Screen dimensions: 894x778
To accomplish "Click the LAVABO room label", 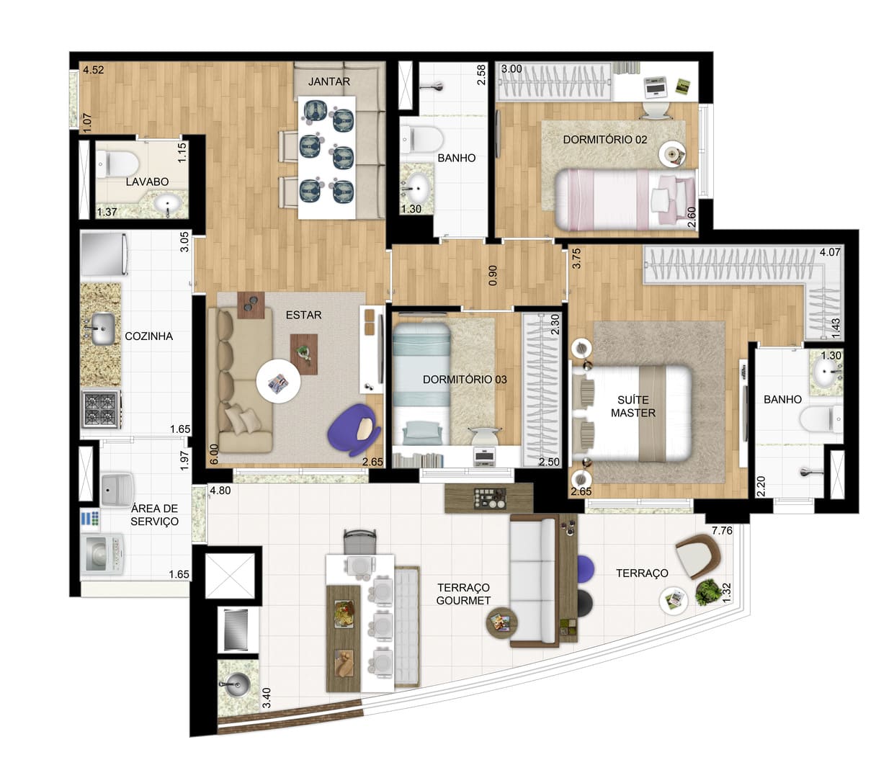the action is [x=147, y=182].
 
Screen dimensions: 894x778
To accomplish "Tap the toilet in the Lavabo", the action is [x=117, y=164].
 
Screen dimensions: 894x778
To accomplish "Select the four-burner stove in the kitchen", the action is [x=102, y=409].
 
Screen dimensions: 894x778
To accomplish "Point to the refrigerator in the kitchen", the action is [x=104, y=254].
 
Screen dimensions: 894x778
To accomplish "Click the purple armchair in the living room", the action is [x=354, y=429].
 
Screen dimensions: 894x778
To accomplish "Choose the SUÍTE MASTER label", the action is [x=632, y=406].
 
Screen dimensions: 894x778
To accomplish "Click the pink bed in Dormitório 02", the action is [x=625, y=200].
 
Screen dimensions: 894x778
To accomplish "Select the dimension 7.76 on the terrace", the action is [x=722, y=530].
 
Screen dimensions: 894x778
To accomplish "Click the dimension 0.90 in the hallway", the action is [x=493, y=276].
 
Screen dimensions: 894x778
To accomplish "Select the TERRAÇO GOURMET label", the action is [x=463, y=594].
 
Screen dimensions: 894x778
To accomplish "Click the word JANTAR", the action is [x=329, y=81].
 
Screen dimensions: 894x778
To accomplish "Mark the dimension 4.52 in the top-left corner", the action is [x=94, y=70].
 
